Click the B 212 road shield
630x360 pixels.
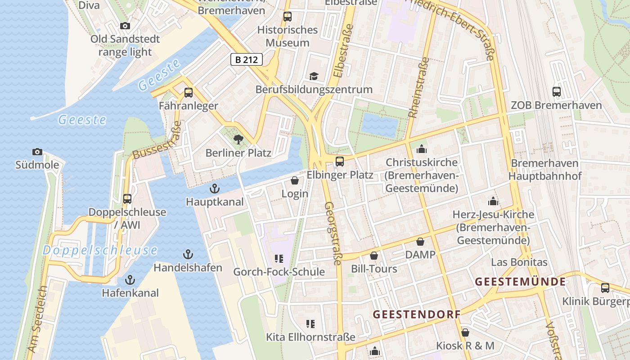(247, 59)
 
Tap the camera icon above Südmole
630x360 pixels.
(37, 152)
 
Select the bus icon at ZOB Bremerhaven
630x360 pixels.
(557, 92)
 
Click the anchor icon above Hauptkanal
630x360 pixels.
(215, 189)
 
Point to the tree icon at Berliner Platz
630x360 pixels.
(238, 139)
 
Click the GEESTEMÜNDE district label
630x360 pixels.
(520, 282)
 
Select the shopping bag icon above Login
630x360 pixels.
(295, 180)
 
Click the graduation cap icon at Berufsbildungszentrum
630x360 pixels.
(314, 76)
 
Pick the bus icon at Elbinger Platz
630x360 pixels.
(340, 161)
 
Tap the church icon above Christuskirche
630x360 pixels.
(422, 149)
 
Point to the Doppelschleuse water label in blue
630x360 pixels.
(100, 251)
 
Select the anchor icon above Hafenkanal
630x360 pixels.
(130, 280)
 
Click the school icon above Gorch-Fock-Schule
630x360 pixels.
(279, 259)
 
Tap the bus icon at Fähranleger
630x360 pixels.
(189, 93)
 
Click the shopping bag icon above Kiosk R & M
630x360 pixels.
(465, 333)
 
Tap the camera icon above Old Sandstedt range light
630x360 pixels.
(125, 26)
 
